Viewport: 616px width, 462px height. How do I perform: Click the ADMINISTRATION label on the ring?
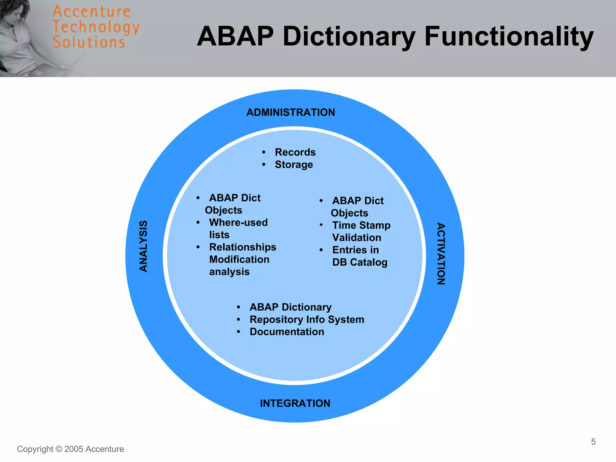pos(291,112)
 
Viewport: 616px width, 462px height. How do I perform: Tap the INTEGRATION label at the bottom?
pos(295,403)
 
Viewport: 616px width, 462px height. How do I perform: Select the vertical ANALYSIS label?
pos(143,246)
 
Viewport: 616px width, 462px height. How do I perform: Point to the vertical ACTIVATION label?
pos(441,254)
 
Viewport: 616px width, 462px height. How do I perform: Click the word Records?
pos(295,152)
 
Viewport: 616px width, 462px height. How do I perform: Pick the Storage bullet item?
pos(294,165)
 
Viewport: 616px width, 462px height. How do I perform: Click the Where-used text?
pos(238,222)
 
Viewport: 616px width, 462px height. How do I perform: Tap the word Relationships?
pos(242,247)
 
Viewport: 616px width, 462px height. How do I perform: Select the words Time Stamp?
pos(361,225)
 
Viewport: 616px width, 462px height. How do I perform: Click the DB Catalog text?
pos(360,262)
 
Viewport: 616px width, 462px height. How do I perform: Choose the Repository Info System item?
pos(307,319)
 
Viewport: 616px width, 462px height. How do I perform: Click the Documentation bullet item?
pos(287,332)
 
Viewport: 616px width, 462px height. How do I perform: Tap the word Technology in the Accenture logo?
pos(96,27)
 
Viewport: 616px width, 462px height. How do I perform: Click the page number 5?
pos(593,442)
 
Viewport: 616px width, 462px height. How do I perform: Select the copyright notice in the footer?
pos(70,449)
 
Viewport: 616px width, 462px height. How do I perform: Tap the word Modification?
pos(239,259)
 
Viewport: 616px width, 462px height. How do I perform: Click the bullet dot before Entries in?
pos(321,250)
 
